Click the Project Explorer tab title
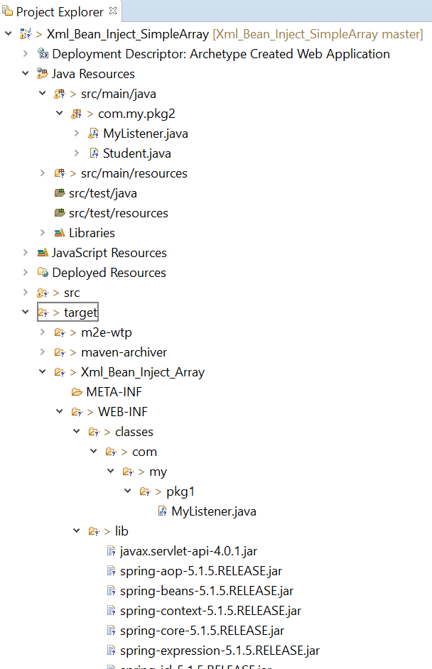pos(60,12)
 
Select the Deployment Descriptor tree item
pos(220,54)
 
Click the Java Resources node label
pos(93,74)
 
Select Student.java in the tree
pos(136,153)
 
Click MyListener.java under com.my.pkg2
pos(145,134)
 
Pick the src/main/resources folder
pos(134,173)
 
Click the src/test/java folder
pos(102,193)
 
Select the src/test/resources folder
pos(118,213)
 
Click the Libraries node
pos(92,233)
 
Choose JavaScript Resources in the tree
pos(109,253)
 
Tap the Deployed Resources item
pos(109,273)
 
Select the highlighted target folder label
pos(80,312)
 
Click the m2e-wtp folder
pos(106,332)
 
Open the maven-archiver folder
pos(124,352)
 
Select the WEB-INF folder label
pos(122,412)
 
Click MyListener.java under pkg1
pos(213,511)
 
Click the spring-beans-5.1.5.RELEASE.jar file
pos(206,591)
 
